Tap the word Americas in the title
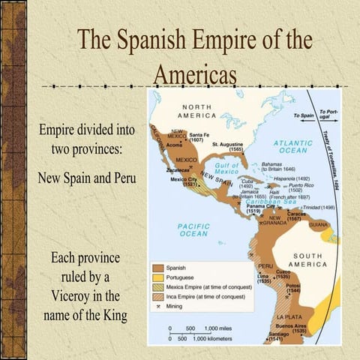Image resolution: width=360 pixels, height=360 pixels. pyautogui.click(x=195, y=75)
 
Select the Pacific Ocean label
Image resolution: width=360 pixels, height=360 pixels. pyautogui.click(x=193, y=229)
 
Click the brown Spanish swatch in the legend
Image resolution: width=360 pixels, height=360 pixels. pyautogui.click(x=157, y=267)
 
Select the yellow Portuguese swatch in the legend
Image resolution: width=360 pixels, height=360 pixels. pyautogui.click(x=157, y=277)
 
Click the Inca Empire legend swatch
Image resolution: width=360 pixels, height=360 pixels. pyautogui.click(x=157, y=297)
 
